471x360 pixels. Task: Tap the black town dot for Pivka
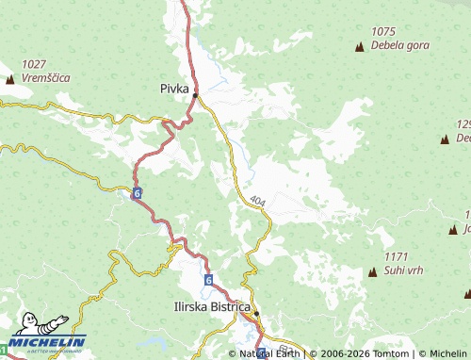pyautogui.click(x=195, y=95)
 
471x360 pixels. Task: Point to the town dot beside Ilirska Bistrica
pyautogui.click(x=255, y=314)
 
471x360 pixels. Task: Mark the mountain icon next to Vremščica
pyautogui.click(x=10, y=80)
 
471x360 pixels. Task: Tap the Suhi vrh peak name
pyautogui.click(x=403, y=270)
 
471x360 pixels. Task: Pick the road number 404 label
pyautogui.click(x=257, y=201)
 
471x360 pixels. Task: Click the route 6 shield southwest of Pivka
pyautogui.click(x=138, y=193)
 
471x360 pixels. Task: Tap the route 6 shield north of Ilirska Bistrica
pyautogui.click(x=208, y=281)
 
